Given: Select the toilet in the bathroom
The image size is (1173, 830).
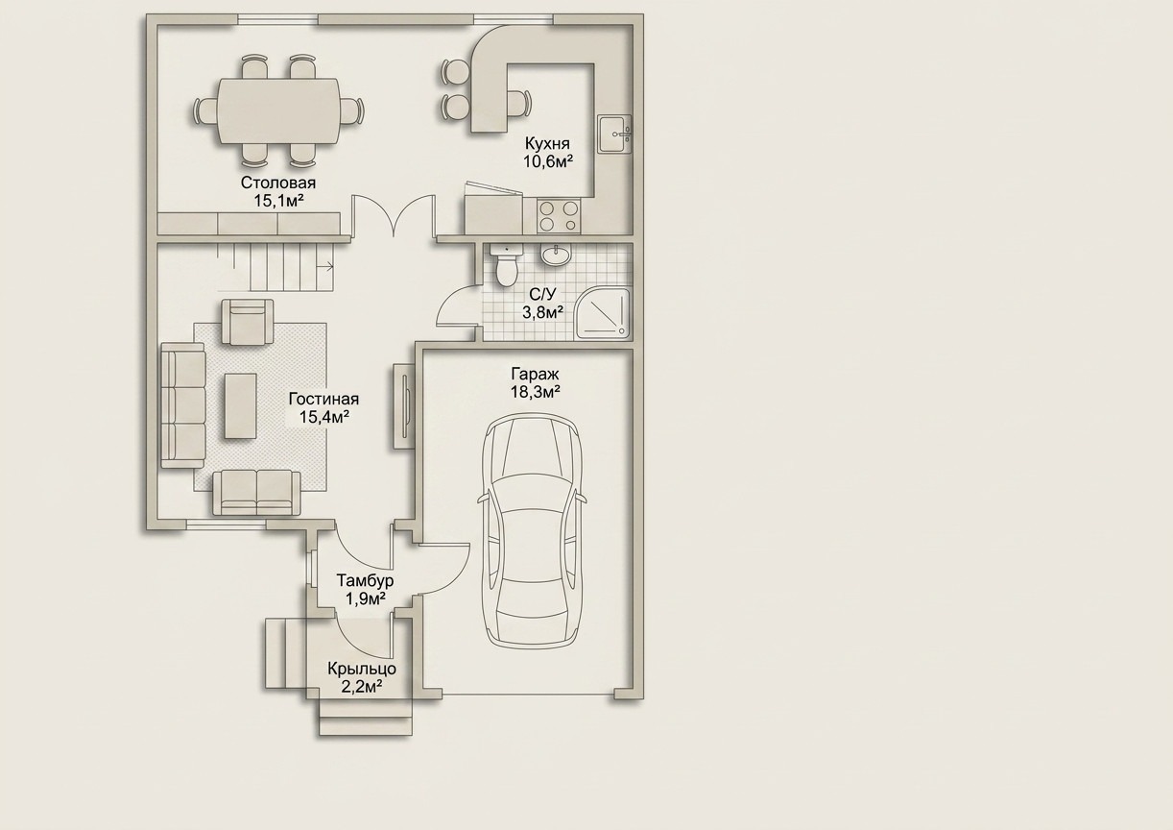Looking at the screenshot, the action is pos(506,266).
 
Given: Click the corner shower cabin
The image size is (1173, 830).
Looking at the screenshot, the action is pos(605,312).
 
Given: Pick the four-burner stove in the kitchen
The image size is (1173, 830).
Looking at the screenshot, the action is pos(559,216).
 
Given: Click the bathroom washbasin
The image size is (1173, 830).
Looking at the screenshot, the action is pos(557,255).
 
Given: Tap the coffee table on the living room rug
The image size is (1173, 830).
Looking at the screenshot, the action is pos(240,405).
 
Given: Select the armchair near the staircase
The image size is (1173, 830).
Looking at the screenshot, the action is pos(249,322).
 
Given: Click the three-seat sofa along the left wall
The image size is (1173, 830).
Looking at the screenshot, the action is pos(182,405).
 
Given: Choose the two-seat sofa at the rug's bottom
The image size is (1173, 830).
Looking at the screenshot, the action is pos(256,493).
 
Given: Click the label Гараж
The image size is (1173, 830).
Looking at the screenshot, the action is pos(536,374).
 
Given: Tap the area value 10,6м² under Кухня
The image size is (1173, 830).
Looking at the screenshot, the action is pos(547,160).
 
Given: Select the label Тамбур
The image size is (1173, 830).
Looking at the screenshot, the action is pos(365,580).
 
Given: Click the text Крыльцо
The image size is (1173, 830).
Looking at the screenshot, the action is pos(362,670).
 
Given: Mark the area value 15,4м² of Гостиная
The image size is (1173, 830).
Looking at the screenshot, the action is pos(324,417).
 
